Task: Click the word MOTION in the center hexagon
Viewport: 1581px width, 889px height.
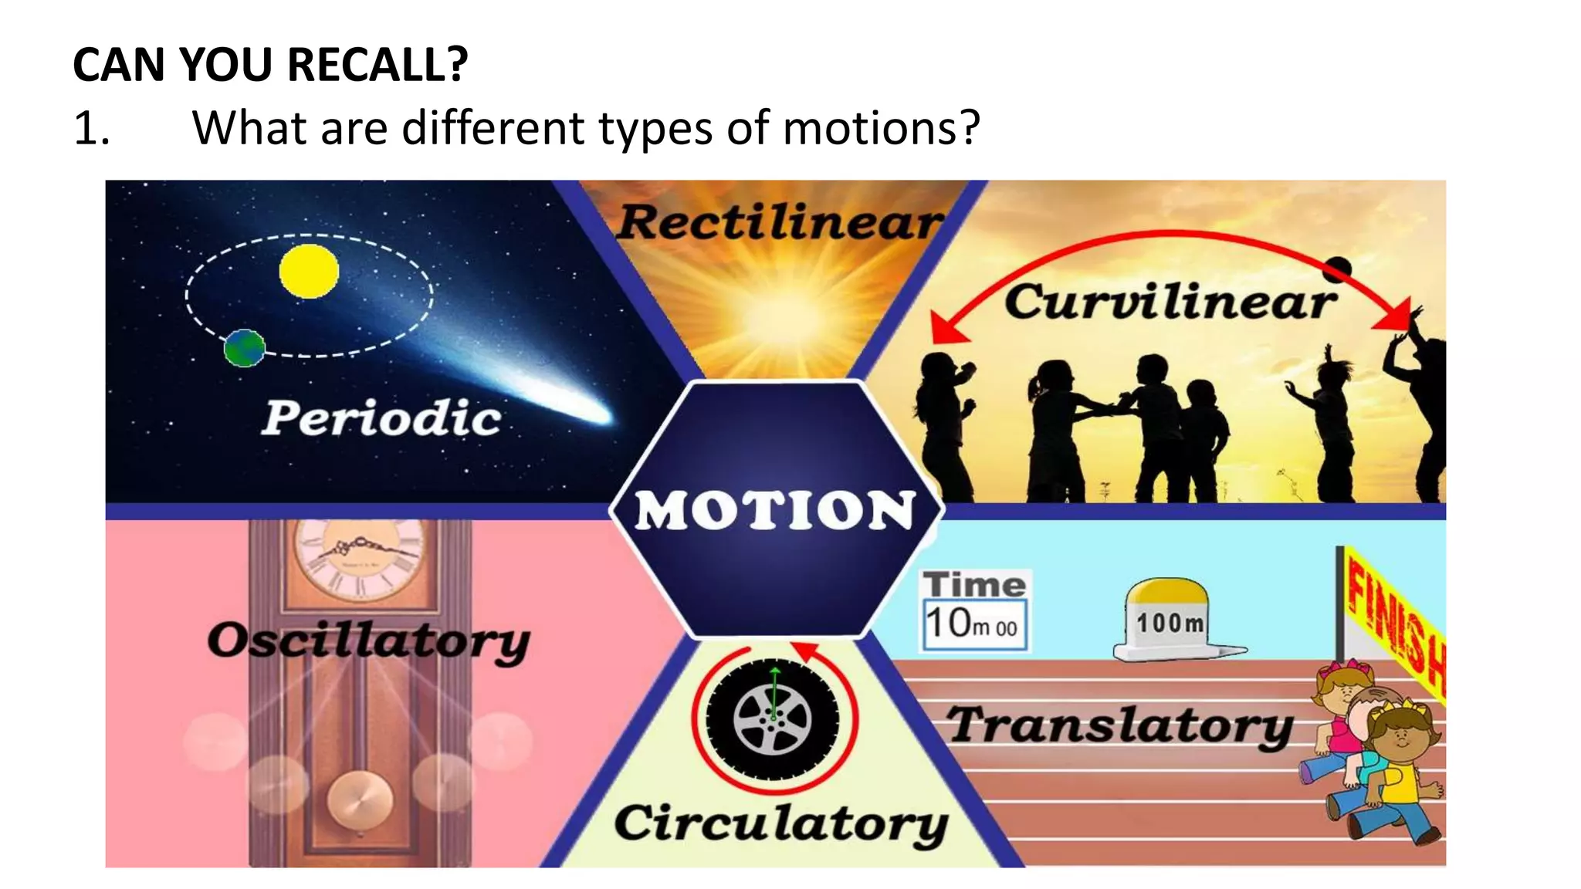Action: tap(775, 510)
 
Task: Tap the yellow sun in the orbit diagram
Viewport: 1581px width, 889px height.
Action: tap(309, 271)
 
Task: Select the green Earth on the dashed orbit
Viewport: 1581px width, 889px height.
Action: tap(245, 348)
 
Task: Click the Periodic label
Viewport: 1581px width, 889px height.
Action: tap(381, 418)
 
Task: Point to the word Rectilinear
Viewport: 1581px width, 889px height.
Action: tap(780, 222)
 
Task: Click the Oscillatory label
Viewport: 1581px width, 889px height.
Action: tap(369, 641)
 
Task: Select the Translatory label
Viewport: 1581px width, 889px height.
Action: tap(1120, 725)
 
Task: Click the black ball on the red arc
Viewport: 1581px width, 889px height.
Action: tap(1337, 269)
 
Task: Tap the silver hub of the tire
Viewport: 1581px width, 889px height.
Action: tap(773, 718)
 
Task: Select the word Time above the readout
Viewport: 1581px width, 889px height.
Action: tap(975, 584)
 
